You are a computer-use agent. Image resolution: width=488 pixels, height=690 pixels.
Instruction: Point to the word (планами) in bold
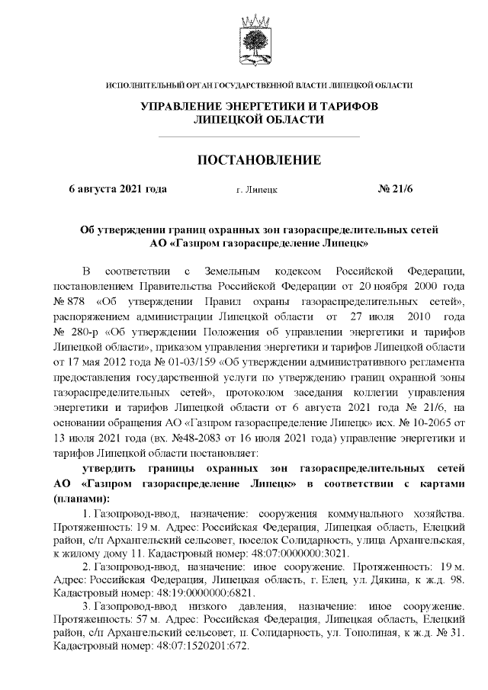pyautogui.click(x=80, y=499)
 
